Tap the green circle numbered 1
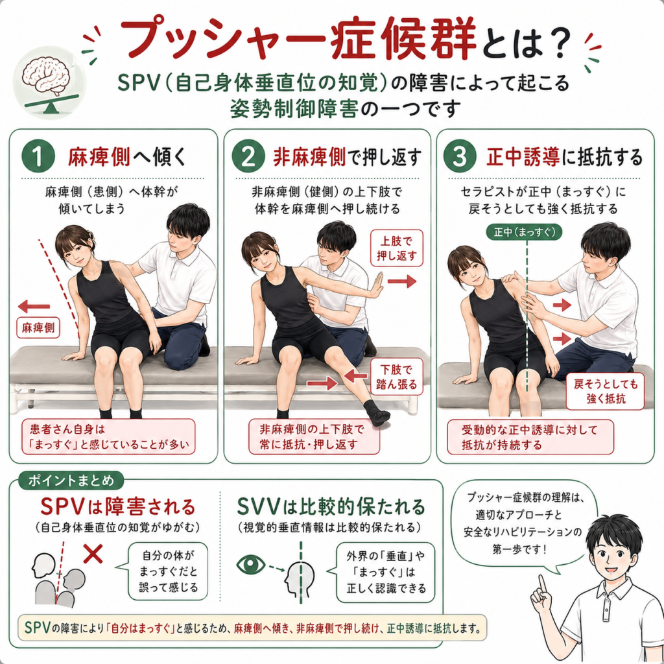tap(38, 156)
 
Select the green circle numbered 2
tap(248, 156)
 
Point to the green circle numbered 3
tap(460, 156)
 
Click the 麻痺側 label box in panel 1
tap(38, 328)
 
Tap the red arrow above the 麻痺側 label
tap(34, 306)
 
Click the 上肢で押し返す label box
tap(396, 248)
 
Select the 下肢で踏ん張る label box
tap(396, 377)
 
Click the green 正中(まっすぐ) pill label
tap(524, 233)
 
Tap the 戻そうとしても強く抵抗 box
tap(606, 391)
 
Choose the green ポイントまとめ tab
tap(71, 480)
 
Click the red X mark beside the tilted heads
tap(93, 553)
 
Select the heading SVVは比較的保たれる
tap(331, 506)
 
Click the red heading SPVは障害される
tap(118, 506)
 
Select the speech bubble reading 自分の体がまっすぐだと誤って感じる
tap(168, 571)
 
